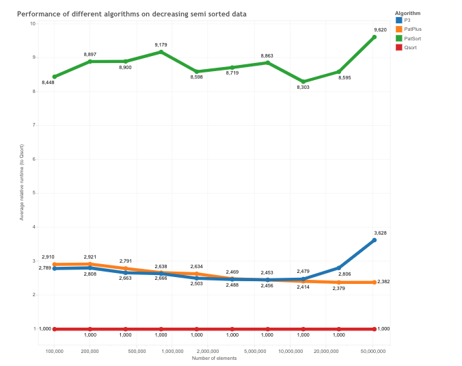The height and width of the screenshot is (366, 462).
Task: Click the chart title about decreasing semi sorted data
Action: [x=132, y=14]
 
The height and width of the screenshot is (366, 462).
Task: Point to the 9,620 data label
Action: [x=380, y=30]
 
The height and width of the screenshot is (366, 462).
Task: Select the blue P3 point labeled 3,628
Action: [x=374, y=240]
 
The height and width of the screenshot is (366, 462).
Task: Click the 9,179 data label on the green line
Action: [x=161, y=44]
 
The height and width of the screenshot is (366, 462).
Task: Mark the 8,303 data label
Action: [x=303, y=88]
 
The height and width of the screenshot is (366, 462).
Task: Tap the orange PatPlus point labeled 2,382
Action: [x=374, y=282]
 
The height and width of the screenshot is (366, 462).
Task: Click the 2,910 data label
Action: [x=48, y=257]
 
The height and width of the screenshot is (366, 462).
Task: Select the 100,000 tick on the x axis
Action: [x=55, y=351]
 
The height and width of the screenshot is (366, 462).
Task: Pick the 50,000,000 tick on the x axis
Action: [x=373, y=351]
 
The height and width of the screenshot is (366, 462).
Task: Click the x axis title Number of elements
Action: [x=214, y=358]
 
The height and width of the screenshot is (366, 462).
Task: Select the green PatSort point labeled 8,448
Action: [x=54, y=77]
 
